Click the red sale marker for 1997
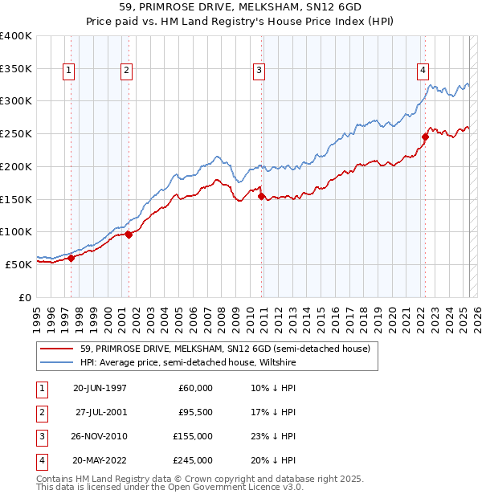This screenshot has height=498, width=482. coord(71,258)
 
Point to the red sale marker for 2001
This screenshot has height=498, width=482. coord(129,235)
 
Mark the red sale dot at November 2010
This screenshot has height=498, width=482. coord(261,195)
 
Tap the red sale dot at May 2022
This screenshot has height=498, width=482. coord(424,137)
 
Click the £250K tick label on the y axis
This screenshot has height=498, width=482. coord(16,133)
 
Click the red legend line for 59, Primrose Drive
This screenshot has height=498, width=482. coord(58,349)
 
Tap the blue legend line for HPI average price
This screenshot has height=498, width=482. coord(58,363)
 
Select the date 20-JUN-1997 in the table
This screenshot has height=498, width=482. coord(100,388)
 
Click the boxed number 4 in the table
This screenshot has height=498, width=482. coord(40,460)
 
